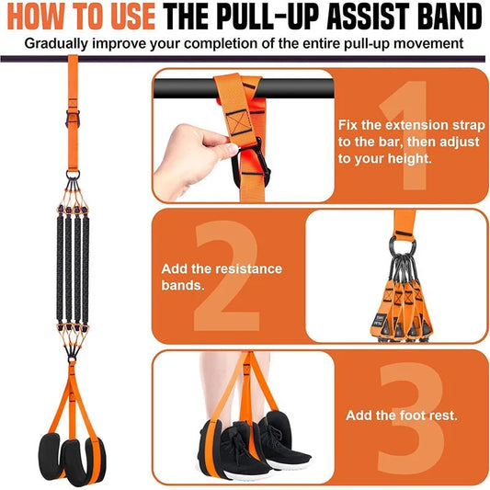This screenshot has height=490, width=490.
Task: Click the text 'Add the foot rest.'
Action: pos(401,416)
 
